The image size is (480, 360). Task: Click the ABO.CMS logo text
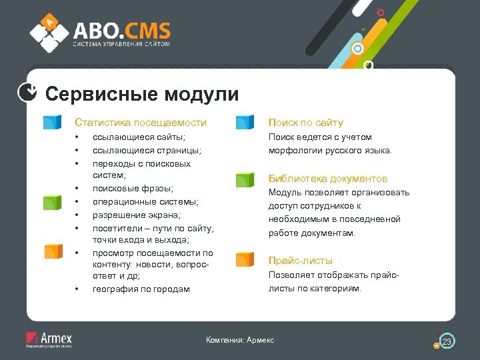click(121, 31)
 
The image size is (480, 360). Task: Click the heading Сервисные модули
click(141, 94)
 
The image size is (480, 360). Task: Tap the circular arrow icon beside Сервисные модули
click(27, 93)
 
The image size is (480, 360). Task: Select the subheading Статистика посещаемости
click(141, 123)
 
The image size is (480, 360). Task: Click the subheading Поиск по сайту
click(305, 123)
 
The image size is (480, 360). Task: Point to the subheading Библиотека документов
click(327, 179)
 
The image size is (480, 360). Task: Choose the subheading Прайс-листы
click(300, 261)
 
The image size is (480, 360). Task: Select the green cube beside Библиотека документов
click(245, 179)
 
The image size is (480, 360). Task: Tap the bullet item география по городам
click(141, 289)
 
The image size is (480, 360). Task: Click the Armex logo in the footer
click(49, 339)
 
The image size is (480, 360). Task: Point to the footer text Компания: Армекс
click(240, 341)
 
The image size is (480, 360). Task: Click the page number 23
click(447, 342)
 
